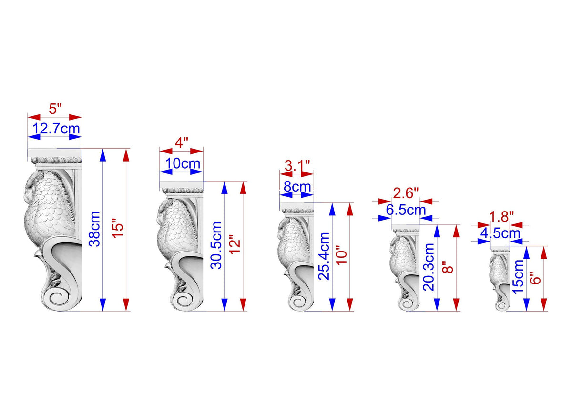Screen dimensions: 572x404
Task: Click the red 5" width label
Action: [55, 109]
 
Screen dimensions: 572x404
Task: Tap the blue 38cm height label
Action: [94, 229]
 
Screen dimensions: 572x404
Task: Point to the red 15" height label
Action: [118, 231]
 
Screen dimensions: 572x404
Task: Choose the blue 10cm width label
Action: [183, 163]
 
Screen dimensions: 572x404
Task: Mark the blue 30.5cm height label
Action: [216, 245]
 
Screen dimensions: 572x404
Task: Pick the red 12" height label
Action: [235, 247]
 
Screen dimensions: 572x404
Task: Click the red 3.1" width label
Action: [297, 166]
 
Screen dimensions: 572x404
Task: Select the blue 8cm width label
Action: [297, 187]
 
